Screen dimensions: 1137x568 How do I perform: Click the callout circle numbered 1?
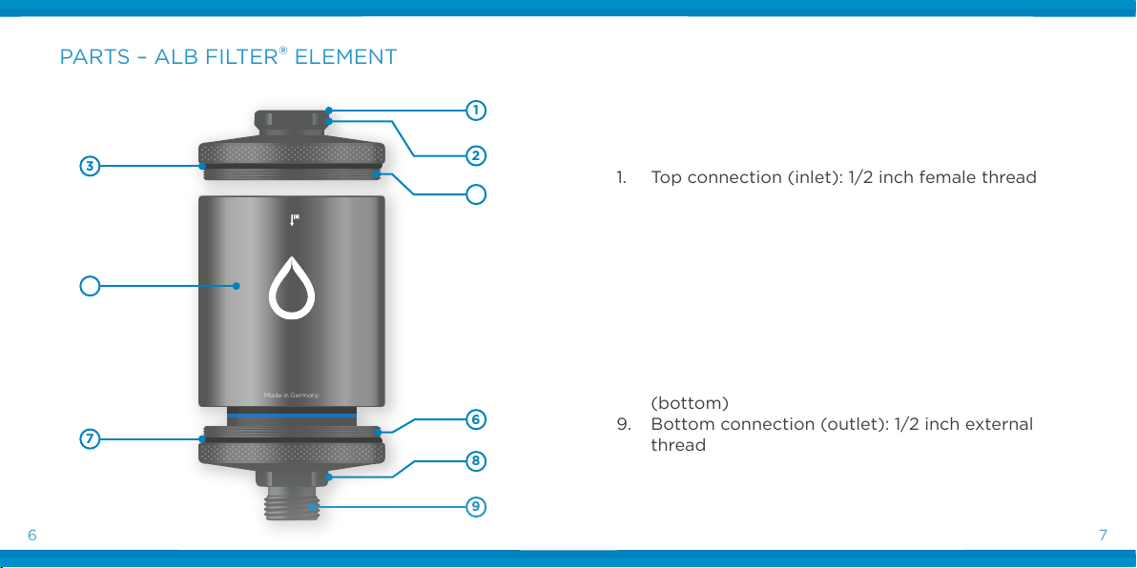(x=476, y=111)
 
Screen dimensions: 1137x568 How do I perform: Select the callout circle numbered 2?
(x=476, y=155)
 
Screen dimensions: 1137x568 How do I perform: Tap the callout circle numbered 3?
(x=90, y=166)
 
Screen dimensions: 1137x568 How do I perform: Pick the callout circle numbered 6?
(x=476, y=419)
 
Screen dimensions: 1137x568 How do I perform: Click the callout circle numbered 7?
(x=90, y=438)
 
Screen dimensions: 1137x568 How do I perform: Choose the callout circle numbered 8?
(x=476, y=460)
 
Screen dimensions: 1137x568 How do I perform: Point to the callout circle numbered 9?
(x=476, y=506)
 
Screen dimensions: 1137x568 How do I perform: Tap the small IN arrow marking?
(x=295, y=219)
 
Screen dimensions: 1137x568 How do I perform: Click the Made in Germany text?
(x=292, y=396)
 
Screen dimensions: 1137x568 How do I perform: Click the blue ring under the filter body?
(x=292, y=416)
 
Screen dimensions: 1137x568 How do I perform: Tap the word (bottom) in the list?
(x=690, y=403)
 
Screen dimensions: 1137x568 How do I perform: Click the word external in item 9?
(x=1000, y=424)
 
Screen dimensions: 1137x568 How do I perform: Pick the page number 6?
(x=31, y=537)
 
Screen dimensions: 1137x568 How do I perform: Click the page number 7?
(x=1103, y=537)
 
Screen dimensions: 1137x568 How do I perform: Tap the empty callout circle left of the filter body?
(x=90, y=286)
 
